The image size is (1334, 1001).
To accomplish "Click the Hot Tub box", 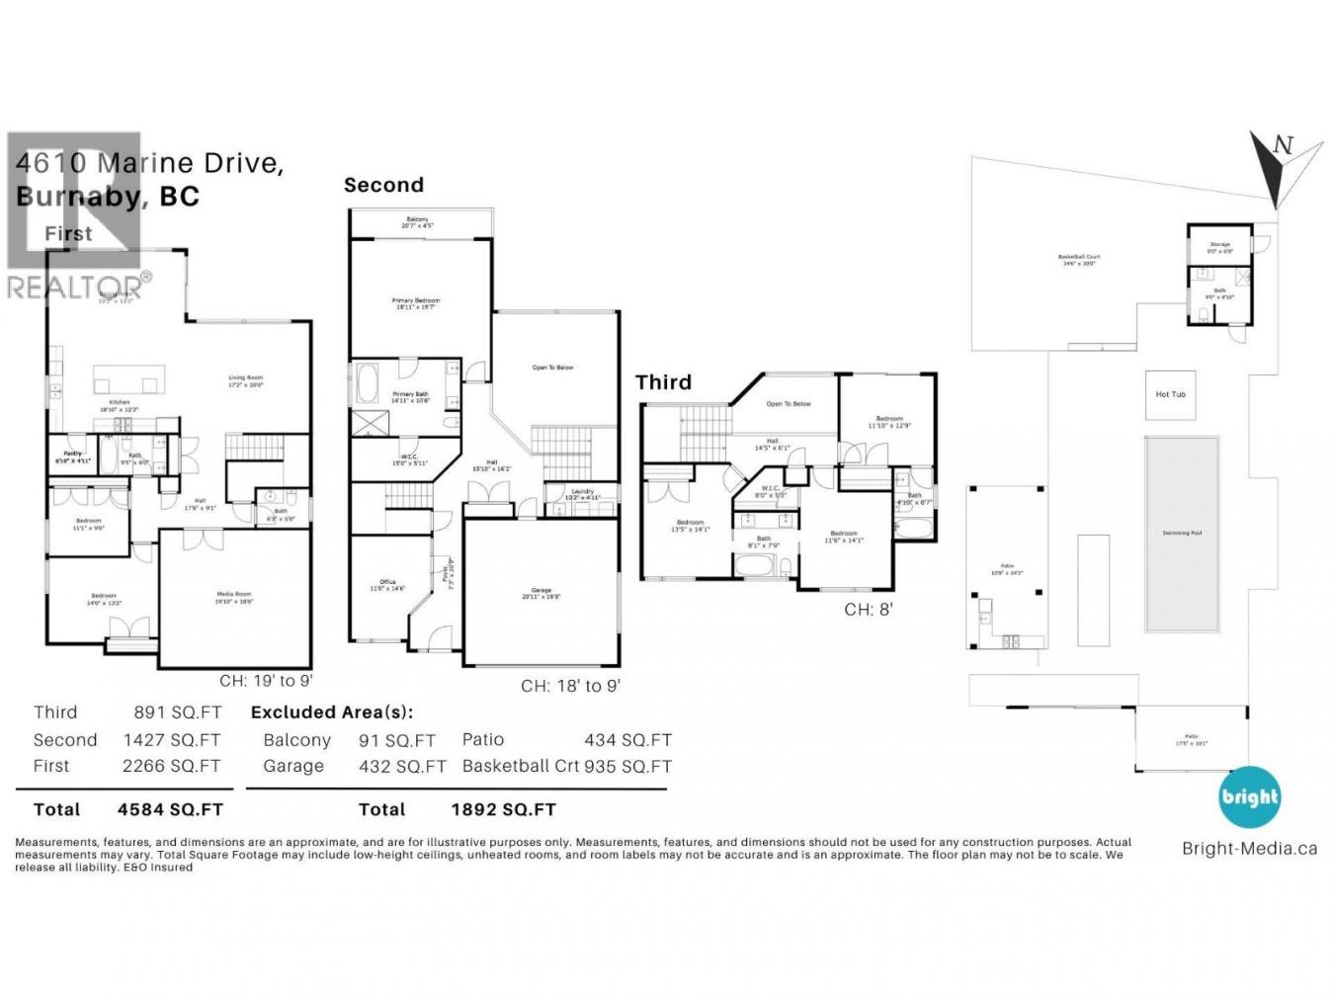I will (1170, 394).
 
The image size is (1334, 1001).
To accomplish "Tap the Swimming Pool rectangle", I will (1182, 534).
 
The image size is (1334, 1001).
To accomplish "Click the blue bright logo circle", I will (1249, 796).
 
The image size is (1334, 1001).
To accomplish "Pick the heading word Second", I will (383, 185).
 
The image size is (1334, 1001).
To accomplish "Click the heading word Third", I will (663, 382).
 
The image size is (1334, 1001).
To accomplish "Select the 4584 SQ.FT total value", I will (170, 809).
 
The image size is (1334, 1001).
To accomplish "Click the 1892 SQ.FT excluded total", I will (503, 809).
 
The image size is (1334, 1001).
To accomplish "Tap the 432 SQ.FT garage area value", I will (402, 766).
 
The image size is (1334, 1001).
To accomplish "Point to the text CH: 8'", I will (868, 610).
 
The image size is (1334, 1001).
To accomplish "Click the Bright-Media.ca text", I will (1249, 848).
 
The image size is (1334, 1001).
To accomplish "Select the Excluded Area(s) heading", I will (332, 711).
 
